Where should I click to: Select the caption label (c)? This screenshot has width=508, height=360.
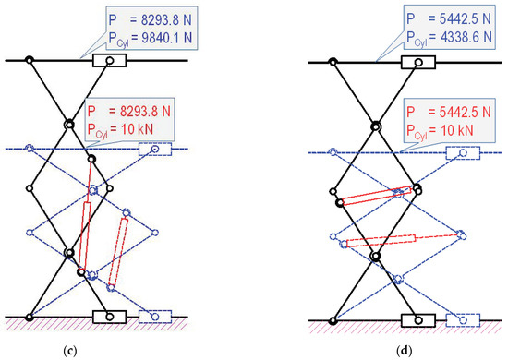tap(98, 350)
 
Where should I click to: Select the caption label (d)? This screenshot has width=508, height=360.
tap(406, 350)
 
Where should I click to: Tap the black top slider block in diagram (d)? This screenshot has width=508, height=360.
tap(418, 62)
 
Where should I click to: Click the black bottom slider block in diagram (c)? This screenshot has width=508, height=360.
tap(109, 317)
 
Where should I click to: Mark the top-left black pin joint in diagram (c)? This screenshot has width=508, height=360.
tap(30, 62)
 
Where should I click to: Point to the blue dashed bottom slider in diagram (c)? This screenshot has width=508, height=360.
tap(154, 317)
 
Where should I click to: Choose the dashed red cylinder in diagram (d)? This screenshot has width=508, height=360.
tap(402, 240)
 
